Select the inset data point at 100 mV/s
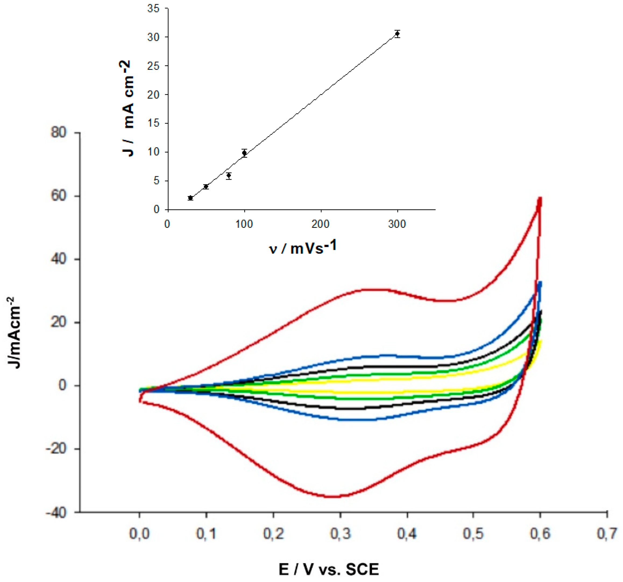pyautogui.click(x=245, y=153)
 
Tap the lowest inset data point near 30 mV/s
pyautogui.click(x=190, y=198)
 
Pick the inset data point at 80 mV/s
pyautogui.click(x=229, y=176)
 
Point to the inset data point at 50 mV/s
pyautogui.click(x=206, y=186)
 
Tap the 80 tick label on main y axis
pyautogui.click(x=59, y=133)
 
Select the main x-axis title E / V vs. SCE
pyautogui.click(x=329, y=569)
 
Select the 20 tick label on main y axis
pyautogui.click(x=59, y=322)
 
